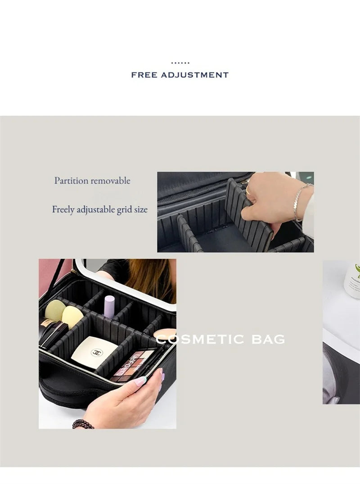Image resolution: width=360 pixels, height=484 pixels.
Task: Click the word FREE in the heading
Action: (x=144, y=75)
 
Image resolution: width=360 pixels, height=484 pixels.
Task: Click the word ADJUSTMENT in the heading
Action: (x=195, y=75)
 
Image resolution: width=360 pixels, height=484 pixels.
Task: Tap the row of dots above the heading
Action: (x=180, y=63)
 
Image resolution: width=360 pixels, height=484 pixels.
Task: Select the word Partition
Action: (x=71, y=181)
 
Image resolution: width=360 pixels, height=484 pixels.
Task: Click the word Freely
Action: (x=63, y=210)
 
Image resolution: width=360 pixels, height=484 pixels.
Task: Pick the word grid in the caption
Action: (x=124, y=210)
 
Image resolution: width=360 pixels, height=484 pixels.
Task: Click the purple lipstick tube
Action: (x=109, y=306)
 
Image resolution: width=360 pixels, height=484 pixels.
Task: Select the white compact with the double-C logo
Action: (x=94, y=352)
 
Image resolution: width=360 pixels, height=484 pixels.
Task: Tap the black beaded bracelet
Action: (x=83, y=424)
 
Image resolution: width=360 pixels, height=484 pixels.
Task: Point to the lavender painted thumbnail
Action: (x=140, y=381)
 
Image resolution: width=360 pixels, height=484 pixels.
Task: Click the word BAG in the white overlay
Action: (x=268, y=339)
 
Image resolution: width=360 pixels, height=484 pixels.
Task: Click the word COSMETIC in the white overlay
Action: (x=200, y=339)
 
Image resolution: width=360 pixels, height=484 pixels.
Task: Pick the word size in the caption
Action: (x=141, y=210)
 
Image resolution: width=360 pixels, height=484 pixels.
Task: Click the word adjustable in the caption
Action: (x=96, y=210)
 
